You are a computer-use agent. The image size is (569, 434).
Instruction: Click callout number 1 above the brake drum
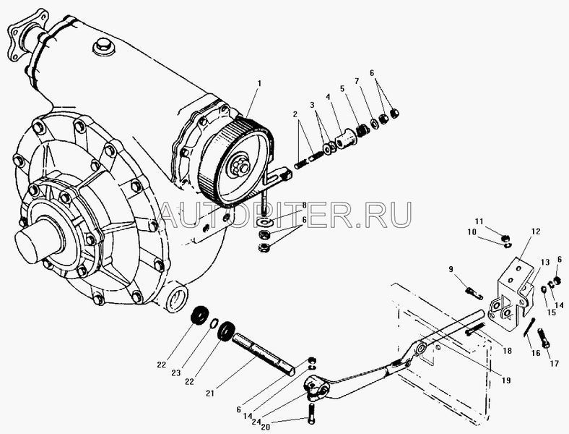259,83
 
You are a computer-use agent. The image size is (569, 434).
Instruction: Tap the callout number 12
536,231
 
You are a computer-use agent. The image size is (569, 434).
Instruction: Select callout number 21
211,393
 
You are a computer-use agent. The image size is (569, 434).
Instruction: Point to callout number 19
506,380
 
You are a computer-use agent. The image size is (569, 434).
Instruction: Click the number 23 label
176,373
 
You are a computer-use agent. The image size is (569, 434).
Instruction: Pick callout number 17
555,363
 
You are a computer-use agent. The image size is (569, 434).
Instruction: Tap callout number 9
451,269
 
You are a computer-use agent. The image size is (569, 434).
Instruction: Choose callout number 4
328,97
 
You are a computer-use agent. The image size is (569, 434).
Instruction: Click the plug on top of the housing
103,46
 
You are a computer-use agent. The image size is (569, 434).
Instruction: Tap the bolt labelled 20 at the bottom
312,414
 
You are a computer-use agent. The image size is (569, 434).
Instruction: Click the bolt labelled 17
544,338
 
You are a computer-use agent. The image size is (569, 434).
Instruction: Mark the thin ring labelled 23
214,323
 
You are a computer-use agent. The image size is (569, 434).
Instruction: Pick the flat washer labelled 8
264,221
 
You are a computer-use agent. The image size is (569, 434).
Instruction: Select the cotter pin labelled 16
529,327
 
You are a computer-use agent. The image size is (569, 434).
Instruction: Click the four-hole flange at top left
27,35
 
